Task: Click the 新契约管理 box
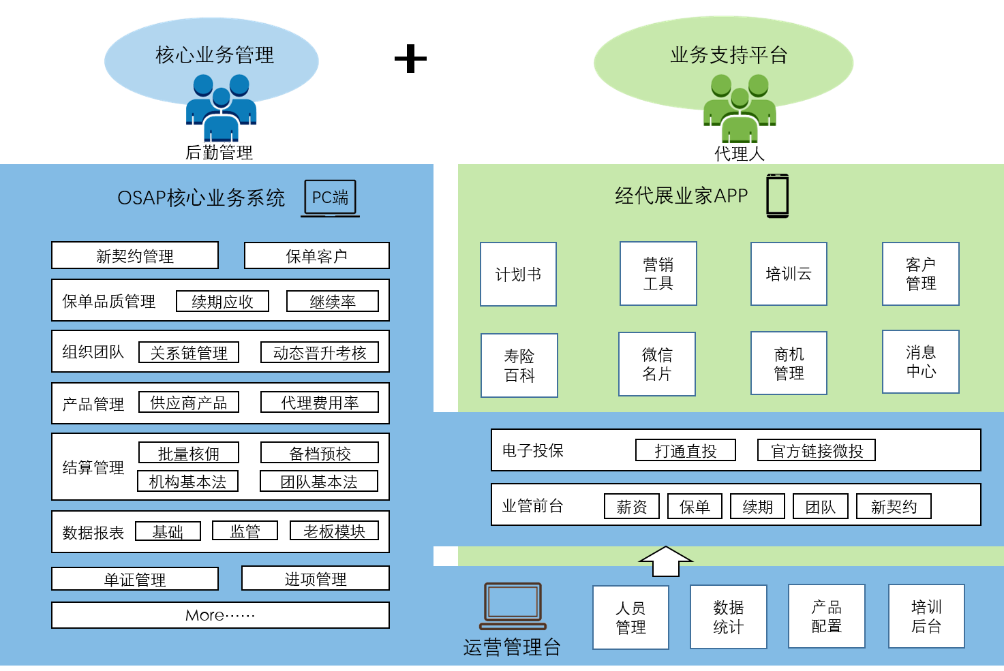click(x=135, y=255)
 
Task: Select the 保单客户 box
click(x=316, y=255)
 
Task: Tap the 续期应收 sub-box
click(x=222, y=301)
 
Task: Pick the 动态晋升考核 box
click(x=320, y=352)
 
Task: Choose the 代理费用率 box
click(x=320, y=403)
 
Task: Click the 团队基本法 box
click(x=319, y=482)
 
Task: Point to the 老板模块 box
click(x=334, y=531)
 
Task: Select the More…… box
click(x=220, y=615)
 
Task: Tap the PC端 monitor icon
click(x=331, y=198)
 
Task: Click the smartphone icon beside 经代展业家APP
click(x=778, y=196)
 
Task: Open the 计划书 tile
click(x=518, y=274)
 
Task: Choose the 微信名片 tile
click(x=656, y=364)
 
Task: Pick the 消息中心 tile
click(x=920, y=362)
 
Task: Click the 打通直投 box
click(x=686, y=450)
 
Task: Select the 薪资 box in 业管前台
click(x=632, y=506)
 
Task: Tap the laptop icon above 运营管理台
click(x=513, y=606)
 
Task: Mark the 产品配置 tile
click(x=826, y=616)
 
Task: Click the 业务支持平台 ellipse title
click(x=729, y=55)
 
